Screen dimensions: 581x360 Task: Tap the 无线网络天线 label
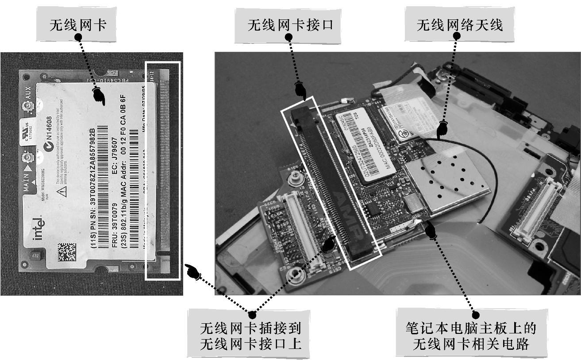460,25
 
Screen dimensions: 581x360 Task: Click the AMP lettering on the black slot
344,209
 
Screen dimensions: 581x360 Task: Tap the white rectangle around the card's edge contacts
163,171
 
